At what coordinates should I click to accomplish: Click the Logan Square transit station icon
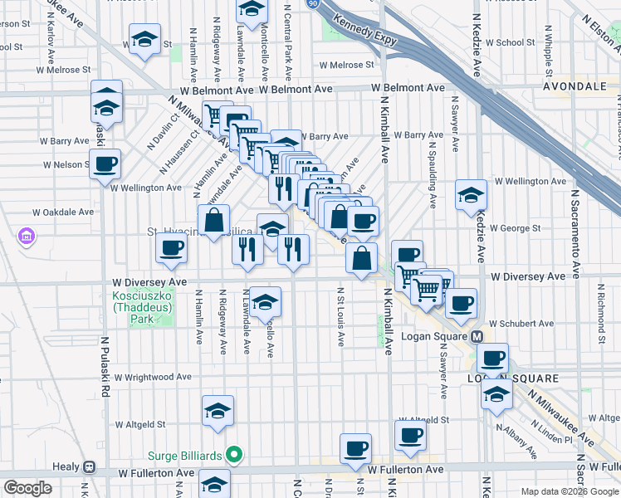[477, 337]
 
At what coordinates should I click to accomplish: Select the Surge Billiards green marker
[234, 454]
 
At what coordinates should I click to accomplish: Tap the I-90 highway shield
[311, 4]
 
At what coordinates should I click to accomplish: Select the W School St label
[510, 42]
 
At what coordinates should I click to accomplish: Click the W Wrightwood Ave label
[153, 377]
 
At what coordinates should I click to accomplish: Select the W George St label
[516, 227]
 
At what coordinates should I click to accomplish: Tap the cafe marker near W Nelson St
[105, 164]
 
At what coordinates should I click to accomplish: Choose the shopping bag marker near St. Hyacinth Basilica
[214, 220]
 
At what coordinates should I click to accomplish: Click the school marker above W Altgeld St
[218, 411]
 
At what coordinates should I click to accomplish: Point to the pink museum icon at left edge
[27, 237]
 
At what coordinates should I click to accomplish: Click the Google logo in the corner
[27, 488]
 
